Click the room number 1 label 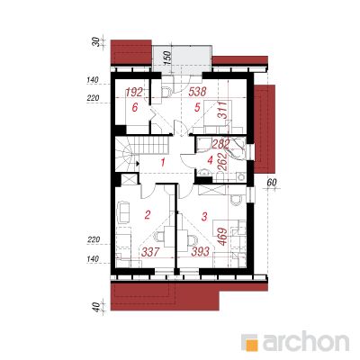[x=163, y=163]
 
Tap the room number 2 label [x=148, y=214]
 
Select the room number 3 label [x=204, y=217]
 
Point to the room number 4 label [x=210, y=161]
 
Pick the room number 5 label [x=197, y=107]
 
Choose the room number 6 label [x=135, y=107]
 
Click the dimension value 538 [x=197, y=92]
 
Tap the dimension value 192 [x=134, y=92]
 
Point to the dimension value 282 [x=220, y=144]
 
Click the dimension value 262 [x=224, y=162]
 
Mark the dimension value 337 [x=150, y=252]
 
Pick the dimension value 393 [x=200, y=251]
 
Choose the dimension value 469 [x=222, y=237]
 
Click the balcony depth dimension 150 [x=167, y=58]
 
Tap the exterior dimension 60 [x=271, y=183]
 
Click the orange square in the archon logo [x=251, y=344]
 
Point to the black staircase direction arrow [x=138, y=164]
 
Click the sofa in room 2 [x=123, y=212]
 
